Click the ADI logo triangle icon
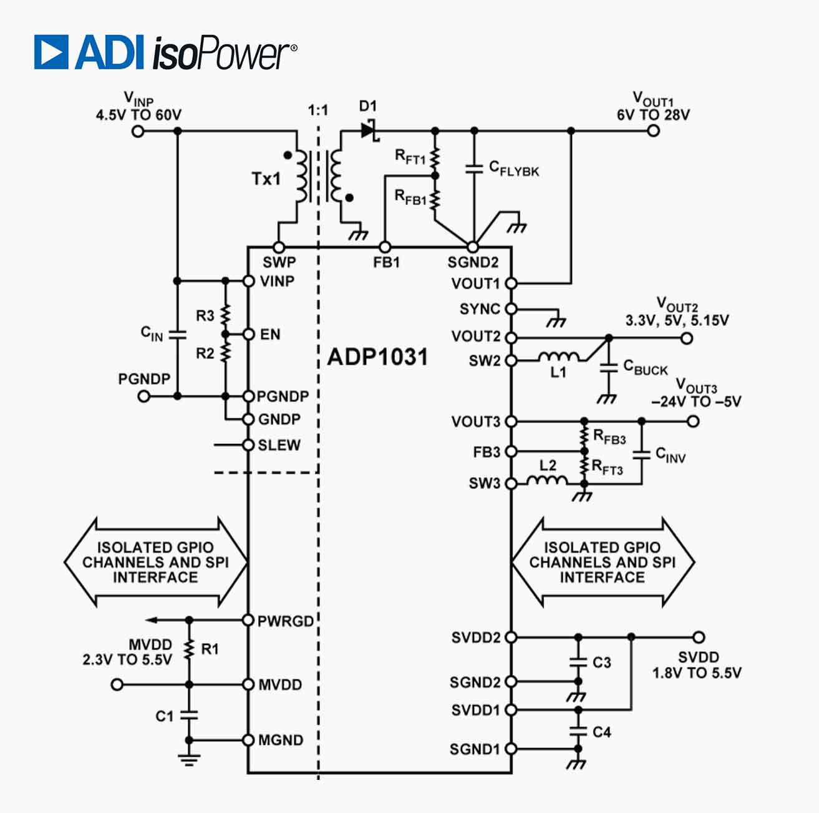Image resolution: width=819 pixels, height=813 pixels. coord(51,52)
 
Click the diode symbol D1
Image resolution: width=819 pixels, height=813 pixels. coord(369,131)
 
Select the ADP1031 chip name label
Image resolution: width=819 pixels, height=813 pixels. coord(377,357)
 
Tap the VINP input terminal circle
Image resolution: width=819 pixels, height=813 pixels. coord(138,131)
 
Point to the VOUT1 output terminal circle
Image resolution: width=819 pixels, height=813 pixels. coord(653,131)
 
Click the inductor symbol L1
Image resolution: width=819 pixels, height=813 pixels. coord(559,357)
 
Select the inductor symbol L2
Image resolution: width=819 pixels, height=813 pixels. coord(547,480)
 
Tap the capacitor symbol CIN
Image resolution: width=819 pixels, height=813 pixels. coord(178,335)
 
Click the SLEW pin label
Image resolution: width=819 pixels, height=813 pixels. coord(279,445)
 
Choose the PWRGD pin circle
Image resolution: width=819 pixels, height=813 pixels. coord(248,620)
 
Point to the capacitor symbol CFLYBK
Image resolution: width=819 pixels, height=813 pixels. coord(474,168)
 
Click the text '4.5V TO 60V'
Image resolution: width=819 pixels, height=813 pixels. coord(138,115)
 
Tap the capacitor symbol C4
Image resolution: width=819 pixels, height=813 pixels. coord(578,731)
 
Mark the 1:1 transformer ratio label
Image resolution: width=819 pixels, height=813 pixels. coord(317,111)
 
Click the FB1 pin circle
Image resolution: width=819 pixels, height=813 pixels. coord(385,247)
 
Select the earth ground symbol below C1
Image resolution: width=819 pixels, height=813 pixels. coord(189,759)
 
